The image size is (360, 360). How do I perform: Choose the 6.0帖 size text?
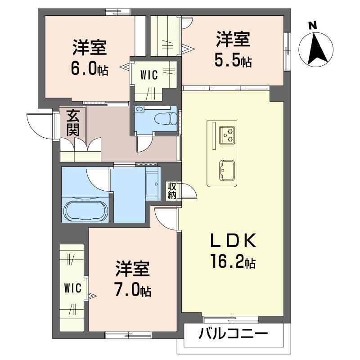tap(89, 68)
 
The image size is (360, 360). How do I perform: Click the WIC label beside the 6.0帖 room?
tap(148, 75)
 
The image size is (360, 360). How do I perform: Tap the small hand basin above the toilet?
tap(139, 109)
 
